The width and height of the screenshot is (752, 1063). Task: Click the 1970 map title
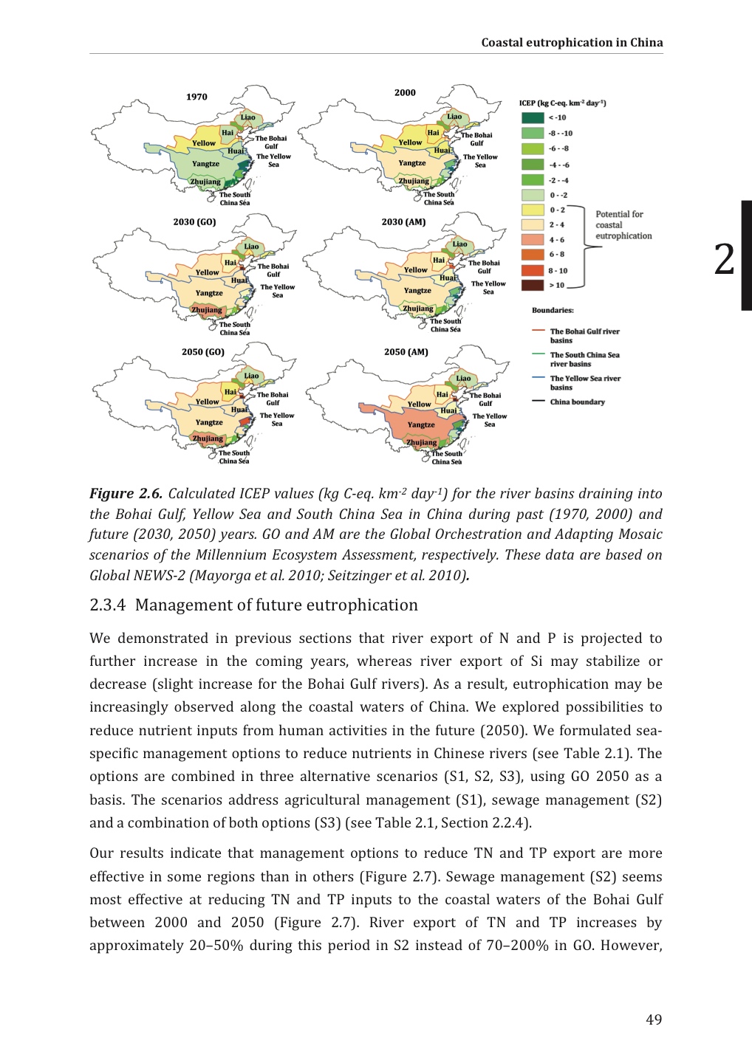196,97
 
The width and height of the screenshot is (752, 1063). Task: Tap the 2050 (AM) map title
406,352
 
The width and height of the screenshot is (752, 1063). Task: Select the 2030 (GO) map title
194,221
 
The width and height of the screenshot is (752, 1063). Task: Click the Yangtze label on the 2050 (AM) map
421,424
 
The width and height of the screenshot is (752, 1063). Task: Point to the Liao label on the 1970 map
248,117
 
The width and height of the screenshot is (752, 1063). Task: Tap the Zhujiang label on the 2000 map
414,181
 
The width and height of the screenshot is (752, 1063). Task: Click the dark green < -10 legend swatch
533,118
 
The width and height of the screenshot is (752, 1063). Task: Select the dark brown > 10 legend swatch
533,285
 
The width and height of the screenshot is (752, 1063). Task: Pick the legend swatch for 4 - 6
533,240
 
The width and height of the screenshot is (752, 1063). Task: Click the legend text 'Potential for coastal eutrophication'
623,225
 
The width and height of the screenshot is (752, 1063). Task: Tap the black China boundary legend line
538,402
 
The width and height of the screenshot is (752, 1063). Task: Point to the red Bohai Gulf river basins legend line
538,331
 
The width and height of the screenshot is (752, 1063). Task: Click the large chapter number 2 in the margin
725,260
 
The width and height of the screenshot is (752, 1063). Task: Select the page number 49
653,1019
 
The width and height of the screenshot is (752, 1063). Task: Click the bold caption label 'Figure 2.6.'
126,494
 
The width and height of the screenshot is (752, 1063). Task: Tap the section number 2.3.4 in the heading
108,605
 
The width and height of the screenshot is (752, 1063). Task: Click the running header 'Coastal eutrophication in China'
572,42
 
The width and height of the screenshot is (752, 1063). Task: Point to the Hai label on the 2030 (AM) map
439,260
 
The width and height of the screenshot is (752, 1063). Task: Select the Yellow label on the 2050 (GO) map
208,402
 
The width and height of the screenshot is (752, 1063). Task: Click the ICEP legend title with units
562,103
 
